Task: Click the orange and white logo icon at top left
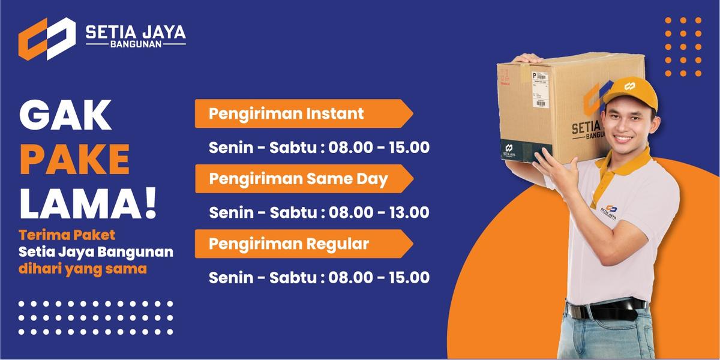pos(47,38)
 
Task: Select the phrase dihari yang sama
pos(82,269)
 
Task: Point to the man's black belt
pos(606,310)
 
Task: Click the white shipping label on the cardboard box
pos(540,88)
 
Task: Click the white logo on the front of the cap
pos(629,86)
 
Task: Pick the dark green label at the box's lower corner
pos(510,149)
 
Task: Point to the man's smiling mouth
pos(623,139)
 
